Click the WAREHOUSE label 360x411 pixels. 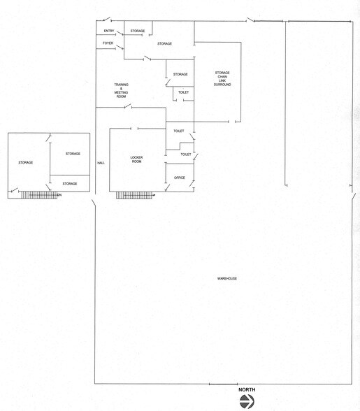(x=227, y=279)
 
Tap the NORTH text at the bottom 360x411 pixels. (x=246, y=389)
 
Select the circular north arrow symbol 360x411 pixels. (x=246, y=401)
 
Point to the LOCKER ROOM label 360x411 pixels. (x=136, y=160)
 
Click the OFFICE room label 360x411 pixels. (x=179, y=178)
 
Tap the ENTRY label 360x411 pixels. (x=109, y=31)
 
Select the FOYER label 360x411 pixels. (x=108, y=43)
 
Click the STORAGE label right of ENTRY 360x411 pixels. (x=138, y=31)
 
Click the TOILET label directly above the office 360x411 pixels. (x=186, y=154)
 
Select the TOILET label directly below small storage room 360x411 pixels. (x=183, y=92)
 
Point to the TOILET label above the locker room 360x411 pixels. (x=178, y=131)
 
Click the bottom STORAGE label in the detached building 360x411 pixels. (x=70, y=184)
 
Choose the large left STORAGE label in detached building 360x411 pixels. (x=26, y=163)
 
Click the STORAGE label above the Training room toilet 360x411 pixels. (x=180, y=74)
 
